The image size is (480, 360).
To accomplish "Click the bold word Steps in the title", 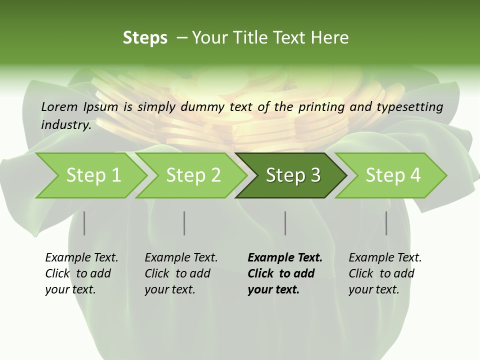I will coord(145,37).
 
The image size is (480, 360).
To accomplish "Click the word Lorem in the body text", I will coord(59,106).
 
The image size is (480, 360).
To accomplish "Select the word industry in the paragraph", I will coord(65,124).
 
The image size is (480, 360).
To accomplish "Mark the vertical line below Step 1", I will coord(84,223).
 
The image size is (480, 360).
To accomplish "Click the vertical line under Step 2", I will coord(184,223).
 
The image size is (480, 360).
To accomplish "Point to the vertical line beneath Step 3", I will coord(285,223).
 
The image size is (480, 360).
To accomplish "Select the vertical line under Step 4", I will coord(386,223).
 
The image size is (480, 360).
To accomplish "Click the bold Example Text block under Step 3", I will coord(285,273).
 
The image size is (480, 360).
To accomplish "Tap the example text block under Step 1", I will coord(81,273).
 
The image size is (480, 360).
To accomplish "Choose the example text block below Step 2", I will coord(181,273).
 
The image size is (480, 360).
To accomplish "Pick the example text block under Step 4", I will coord(385,273).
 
